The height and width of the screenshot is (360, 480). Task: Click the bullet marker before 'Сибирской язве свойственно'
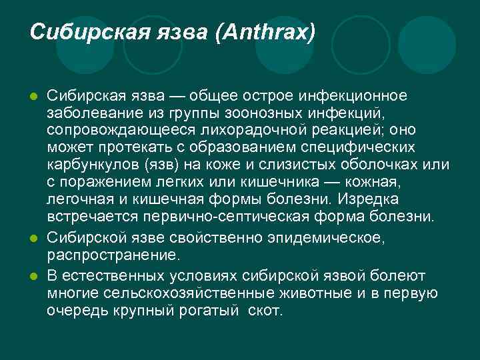point(34,239)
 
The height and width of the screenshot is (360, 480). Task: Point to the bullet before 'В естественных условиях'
point(34,275)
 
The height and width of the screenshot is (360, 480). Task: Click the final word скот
point(265,311)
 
